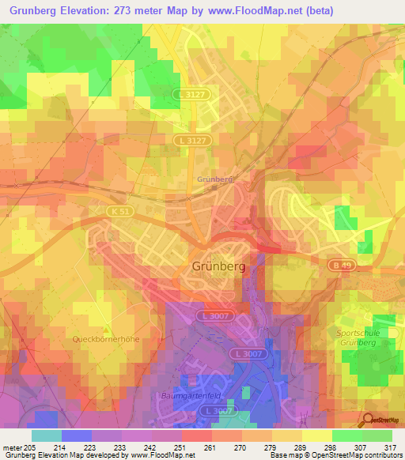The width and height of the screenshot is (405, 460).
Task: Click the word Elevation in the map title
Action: [105, 11]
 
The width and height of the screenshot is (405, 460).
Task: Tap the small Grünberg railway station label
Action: [215, 179]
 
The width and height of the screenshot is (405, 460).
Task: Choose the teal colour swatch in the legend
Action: [47, 435]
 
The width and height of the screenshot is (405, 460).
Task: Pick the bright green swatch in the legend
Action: [346, 435]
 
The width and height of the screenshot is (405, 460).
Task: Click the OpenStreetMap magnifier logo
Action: [368, 420]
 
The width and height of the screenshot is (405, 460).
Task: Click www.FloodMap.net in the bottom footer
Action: [164, 456]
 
